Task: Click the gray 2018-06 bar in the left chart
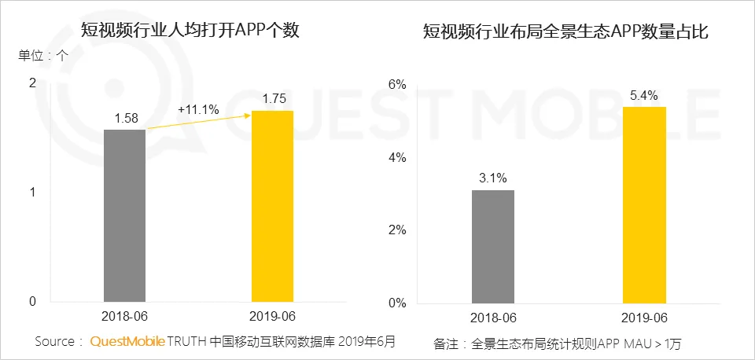coord(124,215)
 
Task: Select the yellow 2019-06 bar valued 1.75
coord(272,206)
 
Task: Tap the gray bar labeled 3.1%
coord(493,246)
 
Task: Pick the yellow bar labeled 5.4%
coord(644,204)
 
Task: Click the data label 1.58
coord(126,119)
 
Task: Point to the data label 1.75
coord(272,100)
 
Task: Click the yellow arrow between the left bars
coord(198,122)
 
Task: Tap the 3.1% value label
coord(493,178)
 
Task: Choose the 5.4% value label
coord(644,95)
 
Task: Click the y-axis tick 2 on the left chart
coord(31,83)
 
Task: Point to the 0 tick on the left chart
coord(31,301)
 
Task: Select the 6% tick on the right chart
coord(397,84)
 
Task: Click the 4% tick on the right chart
coord(397,157)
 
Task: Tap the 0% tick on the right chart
coord(397,303)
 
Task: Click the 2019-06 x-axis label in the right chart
coord(644,318)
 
